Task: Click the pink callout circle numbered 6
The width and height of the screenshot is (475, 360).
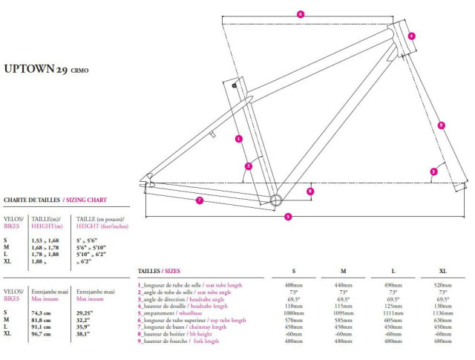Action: coord(300,14)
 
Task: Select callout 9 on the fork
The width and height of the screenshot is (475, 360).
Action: coord(441,125)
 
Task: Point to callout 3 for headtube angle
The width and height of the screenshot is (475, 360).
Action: coord(433,172)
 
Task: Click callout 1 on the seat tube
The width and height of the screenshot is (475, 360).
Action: coord(239,138)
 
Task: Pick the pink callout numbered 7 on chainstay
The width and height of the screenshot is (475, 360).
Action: coord(200,200)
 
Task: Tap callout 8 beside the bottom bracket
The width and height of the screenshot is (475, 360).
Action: coord(309,192)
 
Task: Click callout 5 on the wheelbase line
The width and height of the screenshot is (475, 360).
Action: coord(288,216)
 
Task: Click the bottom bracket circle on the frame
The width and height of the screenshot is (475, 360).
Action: coord(276,198)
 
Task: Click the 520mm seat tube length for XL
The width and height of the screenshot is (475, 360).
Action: coord(443,285)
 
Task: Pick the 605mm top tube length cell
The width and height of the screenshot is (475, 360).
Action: coord(393,320)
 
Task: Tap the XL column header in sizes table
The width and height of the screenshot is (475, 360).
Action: coord(443,271)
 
